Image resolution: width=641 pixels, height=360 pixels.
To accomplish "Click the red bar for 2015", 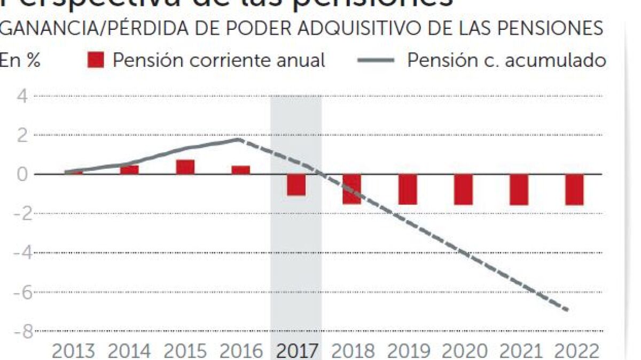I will [185, 167].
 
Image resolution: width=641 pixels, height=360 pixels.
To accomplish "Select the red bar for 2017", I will [296, 185].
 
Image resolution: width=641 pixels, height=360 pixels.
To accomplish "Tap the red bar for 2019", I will [408, 189].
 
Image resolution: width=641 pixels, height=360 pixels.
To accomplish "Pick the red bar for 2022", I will [574, 190].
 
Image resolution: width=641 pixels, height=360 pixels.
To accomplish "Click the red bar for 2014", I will [129, 170].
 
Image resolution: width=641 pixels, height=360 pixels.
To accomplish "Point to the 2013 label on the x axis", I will [73, 351].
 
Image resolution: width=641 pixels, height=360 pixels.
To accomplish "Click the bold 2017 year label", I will [296, 351].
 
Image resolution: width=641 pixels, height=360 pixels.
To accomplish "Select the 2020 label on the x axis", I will [464, 351].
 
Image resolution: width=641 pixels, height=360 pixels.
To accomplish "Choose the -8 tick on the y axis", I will [21, 332].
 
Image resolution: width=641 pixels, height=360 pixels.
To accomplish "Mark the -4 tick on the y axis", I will [21, 253].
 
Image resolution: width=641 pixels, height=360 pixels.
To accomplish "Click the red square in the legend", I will [96, 60].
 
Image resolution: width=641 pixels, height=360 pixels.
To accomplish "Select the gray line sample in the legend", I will [376, 60].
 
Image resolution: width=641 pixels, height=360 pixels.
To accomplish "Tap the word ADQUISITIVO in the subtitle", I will [355, 28].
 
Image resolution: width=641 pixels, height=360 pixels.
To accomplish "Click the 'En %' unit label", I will [20, 60].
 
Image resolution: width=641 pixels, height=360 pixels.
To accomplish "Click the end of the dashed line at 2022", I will [567, 310].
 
